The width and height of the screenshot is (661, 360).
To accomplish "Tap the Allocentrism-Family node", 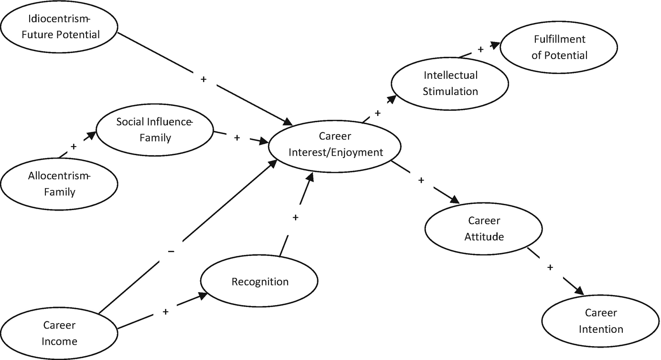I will tap(60, 184).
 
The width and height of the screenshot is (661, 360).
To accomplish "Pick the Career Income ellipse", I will tap(60, 333).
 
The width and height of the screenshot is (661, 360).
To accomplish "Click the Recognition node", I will tap(260, 282).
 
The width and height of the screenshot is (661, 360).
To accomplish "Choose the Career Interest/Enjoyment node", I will tap(335, 145).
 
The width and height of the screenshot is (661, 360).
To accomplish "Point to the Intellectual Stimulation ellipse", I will tap(450, 83).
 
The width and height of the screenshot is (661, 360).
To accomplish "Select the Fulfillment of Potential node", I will tap(559, 47).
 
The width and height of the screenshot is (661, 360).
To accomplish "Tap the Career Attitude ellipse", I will tap(484, 228).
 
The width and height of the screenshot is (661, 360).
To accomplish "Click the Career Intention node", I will tap(601, 321).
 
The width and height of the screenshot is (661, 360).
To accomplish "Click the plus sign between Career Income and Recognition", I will tap(166, 312).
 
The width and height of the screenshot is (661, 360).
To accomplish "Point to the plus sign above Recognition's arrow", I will tap(295, 217).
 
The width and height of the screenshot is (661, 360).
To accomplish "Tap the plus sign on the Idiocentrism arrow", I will tap(203, 79).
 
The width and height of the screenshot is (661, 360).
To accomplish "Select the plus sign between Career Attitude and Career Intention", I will tap(550, 267).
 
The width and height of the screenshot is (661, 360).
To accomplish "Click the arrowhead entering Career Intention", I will tap(579, 291).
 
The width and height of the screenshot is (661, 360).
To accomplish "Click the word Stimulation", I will tap(450, 91).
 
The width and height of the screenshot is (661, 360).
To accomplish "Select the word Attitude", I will tap(484, 236).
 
